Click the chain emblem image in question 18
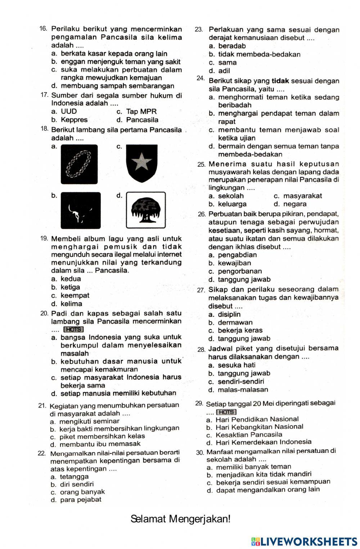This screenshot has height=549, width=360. click(x=79, y=164)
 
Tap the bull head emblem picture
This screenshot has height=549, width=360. click(x=80, y=211)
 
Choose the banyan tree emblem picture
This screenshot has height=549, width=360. click(x=146, y=210)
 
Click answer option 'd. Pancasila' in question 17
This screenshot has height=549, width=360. click(x=138, y=120)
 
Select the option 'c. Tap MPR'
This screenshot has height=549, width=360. click(x=137, y=112)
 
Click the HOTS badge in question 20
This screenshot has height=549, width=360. click(x=73, y=329)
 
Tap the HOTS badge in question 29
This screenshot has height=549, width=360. click(x=226, y=412)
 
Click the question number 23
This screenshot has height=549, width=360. click(x=199, y=30)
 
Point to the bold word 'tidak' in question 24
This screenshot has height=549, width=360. click(x=280, y=81)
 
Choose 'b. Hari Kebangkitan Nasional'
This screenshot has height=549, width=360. click(x=255, y=427)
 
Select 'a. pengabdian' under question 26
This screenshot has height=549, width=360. click(x=233, y=255)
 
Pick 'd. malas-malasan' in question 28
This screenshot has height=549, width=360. click(x=238, y=390)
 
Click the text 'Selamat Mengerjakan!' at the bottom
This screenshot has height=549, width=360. click(x=180, y=519)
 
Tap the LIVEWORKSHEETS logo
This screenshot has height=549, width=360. click(x=304, y=541)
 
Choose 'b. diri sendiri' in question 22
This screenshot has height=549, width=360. click(x=72, y=484)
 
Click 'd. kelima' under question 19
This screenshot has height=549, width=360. click(x=67, y=303)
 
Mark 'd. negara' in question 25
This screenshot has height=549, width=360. click(x=290, y=204)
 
